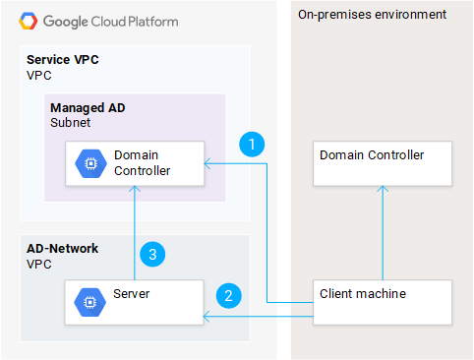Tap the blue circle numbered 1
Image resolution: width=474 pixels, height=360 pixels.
tap(253, 145)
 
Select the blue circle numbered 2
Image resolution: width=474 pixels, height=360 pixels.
tap(228, 293)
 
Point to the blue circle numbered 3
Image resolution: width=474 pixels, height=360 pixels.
tap(150, 254)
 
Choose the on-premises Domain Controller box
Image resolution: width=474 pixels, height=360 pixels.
tap(383, 163)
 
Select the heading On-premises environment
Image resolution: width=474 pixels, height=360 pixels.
tap(372, 15)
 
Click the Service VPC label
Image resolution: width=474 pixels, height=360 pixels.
tap(63, 60)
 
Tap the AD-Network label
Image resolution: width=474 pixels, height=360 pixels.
tap(62, 248)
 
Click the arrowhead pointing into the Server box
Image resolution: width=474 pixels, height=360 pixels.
tap(207, 317)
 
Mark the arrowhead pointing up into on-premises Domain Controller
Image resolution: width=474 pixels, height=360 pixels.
tap(383, 192)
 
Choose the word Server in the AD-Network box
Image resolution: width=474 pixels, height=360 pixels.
tap(132, 293)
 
